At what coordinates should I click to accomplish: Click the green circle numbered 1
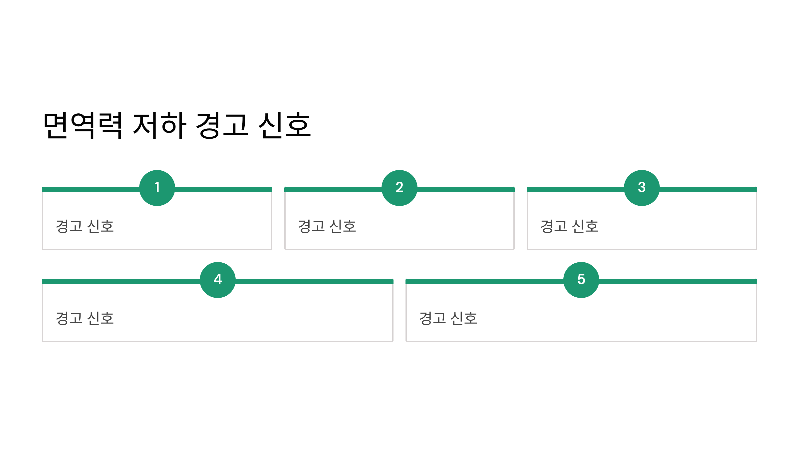(157, 188)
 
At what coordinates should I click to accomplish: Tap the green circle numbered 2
(400, 188)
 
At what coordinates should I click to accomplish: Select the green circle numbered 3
(642, 188)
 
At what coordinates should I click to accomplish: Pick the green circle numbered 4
(218, 280)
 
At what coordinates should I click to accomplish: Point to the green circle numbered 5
(581, 280)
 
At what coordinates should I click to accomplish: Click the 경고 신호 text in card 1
(85, 226)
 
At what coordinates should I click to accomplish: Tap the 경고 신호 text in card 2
(327, 226)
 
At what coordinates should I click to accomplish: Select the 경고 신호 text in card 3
(570, 226)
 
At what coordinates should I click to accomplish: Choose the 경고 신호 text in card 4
(85, 318)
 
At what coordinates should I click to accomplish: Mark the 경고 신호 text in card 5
(448, 318)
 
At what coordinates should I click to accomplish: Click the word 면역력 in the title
(83, 126)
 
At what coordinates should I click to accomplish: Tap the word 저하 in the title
(159, 126)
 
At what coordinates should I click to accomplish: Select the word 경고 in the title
(222, 126)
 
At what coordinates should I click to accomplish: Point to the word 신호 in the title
(285, 126)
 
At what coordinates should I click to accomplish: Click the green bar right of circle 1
(223, 189)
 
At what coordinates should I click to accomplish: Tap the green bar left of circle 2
(333, 189)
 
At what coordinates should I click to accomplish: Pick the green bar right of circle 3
(708, 189)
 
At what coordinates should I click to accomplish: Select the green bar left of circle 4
(121, 281)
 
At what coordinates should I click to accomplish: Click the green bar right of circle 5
(677, 281)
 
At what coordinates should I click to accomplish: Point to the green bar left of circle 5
(485, 281)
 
